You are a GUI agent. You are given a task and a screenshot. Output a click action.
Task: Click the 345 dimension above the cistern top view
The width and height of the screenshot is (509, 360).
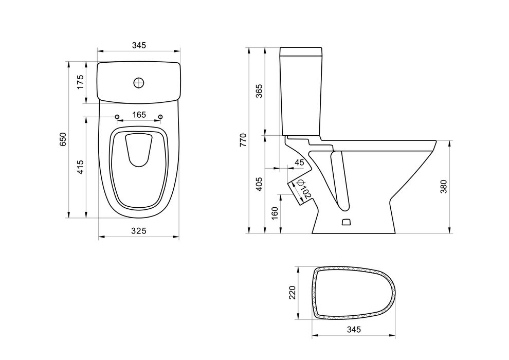point(139,45)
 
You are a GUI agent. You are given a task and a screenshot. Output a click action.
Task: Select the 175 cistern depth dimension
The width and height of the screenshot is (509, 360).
point(81,82)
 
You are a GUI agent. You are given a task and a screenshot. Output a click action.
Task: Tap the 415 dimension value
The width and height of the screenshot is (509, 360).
point(81,167)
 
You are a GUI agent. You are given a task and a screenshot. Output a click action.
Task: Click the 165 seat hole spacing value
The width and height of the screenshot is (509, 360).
point(139,115)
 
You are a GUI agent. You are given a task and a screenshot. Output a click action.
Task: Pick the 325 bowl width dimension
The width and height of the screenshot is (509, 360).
point(139,231)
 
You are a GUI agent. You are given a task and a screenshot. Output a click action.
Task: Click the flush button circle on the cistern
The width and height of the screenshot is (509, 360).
point(139,82)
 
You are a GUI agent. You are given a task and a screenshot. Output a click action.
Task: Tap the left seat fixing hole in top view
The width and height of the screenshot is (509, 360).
point(117,117)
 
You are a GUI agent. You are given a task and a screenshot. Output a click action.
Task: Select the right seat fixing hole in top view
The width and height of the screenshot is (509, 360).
point(160,117)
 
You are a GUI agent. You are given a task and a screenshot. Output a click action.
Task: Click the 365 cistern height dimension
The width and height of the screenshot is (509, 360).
point(259,91)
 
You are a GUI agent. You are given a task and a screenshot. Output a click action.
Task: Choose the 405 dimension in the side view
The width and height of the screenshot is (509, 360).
point(259,184)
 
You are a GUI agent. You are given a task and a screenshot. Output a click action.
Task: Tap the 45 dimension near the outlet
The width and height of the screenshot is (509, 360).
point(299,163)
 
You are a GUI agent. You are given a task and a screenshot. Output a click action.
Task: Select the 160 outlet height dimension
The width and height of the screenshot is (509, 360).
point(275,213)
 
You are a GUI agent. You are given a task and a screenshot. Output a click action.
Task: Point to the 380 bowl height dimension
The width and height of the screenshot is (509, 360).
point(444,187)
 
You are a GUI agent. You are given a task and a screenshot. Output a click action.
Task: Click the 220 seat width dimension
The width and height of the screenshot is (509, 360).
point(293,293)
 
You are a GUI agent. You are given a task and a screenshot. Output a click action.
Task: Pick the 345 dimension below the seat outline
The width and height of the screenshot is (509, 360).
point(354,330)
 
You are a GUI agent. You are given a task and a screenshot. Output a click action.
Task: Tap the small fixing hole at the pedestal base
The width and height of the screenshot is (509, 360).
point(346,222)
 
